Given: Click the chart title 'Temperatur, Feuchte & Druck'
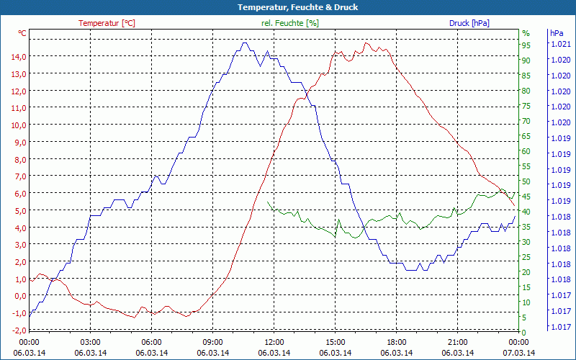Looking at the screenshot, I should click(287, 7).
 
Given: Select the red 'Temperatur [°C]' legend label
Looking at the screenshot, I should click(107, 23).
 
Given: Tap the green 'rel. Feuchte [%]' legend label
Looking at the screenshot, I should click(289, 23).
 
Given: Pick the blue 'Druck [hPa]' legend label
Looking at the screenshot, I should click(469, 23).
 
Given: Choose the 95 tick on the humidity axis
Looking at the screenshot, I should click(526, 45).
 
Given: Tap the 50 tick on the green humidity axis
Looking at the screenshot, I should click(526, 181).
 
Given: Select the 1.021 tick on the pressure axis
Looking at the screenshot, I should click(559, 45).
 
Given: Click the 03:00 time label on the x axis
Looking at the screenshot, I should click(90, 343).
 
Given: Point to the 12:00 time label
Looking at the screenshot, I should click(274, 343).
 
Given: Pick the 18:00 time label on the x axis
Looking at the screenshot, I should click(397, 343).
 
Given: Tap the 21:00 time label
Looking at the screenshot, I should click(458, 343).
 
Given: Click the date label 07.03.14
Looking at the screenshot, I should click(519, 353).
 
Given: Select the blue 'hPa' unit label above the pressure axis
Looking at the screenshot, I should click(556, 33).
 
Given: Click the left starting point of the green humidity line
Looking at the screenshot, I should click(267, 202).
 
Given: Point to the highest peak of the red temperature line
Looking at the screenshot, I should click(366, 43).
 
